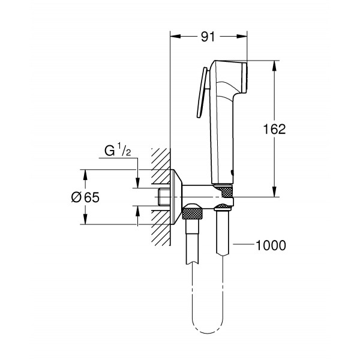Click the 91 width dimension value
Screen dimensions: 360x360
point(208,37)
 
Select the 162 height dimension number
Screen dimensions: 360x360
point(274,128)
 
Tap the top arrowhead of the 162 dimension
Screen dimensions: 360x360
point(275,65)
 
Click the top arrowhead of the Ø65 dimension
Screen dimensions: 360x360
point(85,175)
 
